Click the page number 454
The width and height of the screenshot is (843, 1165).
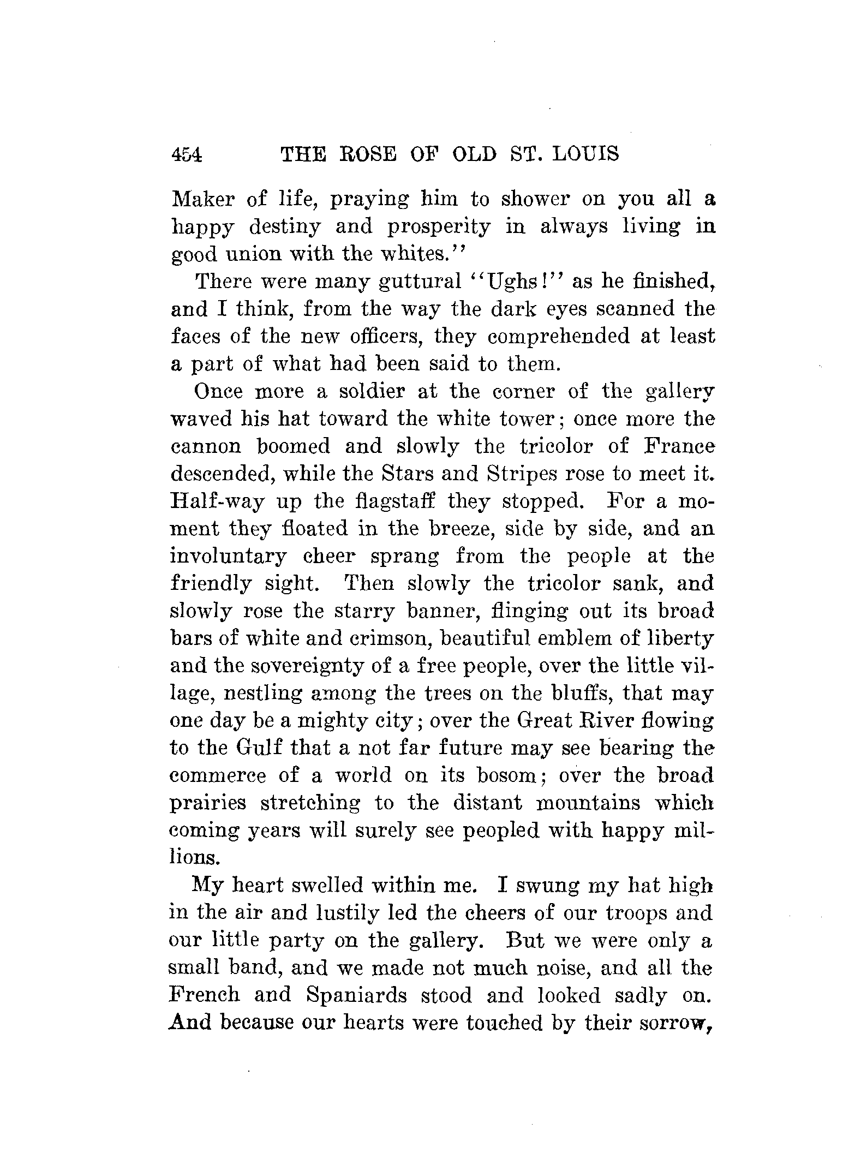click(187, 155)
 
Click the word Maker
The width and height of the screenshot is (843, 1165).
click(202, 199)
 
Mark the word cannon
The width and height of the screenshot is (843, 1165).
click(206, 446)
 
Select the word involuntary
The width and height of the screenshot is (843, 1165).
click(228, 557)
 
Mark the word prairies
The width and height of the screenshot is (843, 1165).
click(207, 804)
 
